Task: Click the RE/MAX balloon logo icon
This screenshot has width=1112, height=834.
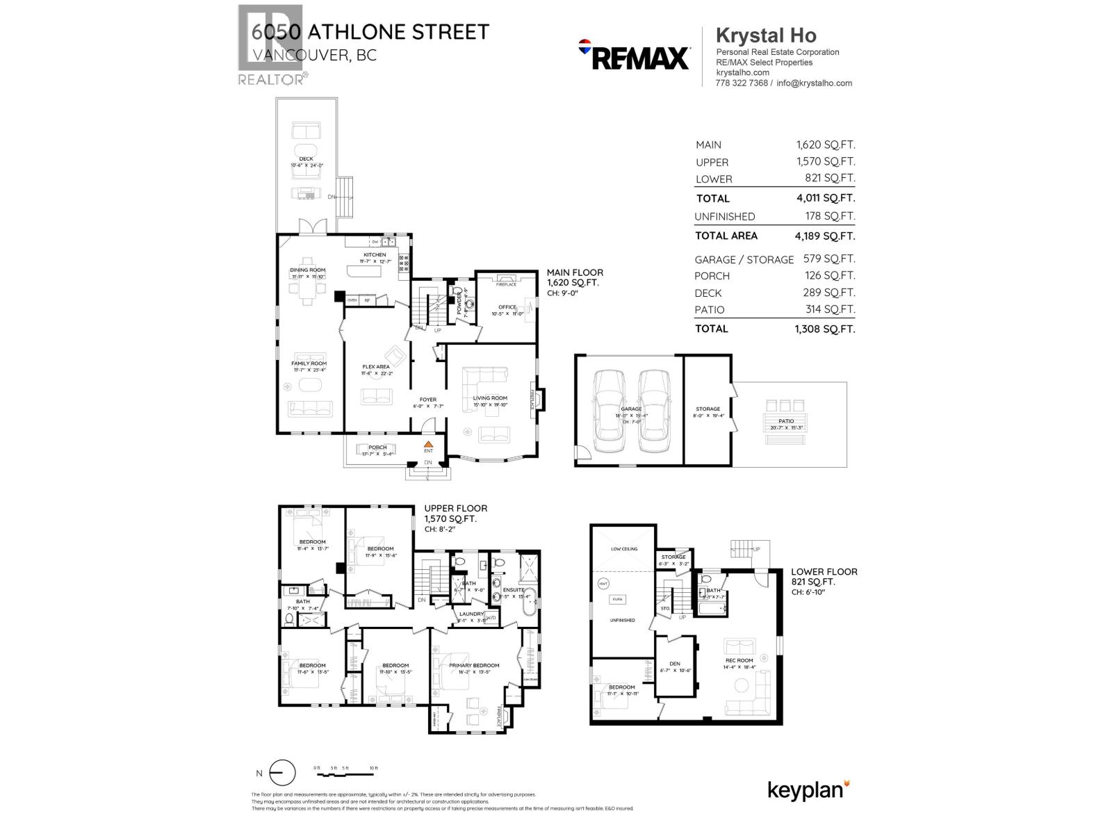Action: coord(584,47)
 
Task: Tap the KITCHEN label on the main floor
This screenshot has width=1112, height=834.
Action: coord(375,255)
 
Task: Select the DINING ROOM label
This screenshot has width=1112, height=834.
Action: coord(307,270)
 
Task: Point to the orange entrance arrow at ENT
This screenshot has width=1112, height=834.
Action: coord(428,443)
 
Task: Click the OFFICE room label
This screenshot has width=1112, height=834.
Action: coord(507,307)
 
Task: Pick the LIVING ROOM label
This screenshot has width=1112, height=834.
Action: coord(490,398)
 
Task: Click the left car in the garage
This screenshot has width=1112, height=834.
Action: coord(610,407)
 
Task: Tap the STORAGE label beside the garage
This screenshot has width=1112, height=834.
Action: coord(708,409)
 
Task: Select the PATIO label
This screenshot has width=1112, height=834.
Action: coord(786,421)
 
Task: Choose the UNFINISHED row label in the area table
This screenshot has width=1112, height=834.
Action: coord(724,217)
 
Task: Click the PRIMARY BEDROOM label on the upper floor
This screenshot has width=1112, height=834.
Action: coord(474,666)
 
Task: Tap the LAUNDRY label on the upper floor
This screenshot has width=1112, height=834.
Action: coord(471,614)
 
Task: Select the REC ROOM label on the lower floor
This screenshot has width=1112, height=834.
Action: coord(739,660)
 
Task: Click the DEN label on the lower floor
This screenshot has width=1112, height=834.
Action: coord(674,664)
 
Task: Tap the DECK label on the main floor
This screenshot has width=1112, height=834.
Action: coord(306,159)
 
